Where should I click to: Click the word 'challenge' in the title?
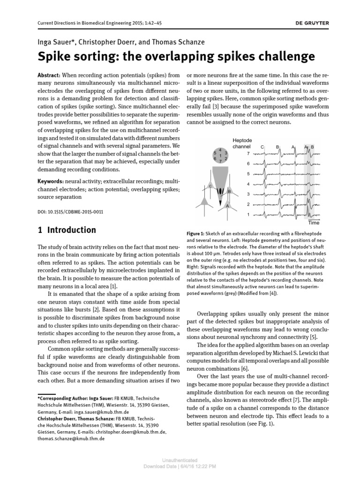(x=285, y=57)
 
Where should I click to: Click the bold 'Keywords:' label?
(x=50, y=180)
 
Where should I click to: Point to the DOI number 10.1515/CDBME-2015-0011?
(x=70, y=212)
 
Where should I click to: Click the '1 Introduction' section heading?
(x=66, y=230)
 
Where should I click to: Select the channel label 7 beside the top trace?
(x=248, y=153)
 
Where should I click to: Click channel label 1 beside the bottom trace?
(x=248, y=215)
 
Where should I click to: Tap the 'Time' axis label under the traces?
(x=313, y=223)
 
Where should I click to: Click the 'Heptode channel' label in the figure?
(x=242, y=143)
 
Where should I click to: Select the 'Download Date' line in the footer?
(x=180, y=466)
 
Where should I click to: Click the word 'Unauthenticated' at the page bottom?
(x=180, y=460)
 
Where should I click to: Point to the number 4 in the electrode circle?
(x=220, y=149)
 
